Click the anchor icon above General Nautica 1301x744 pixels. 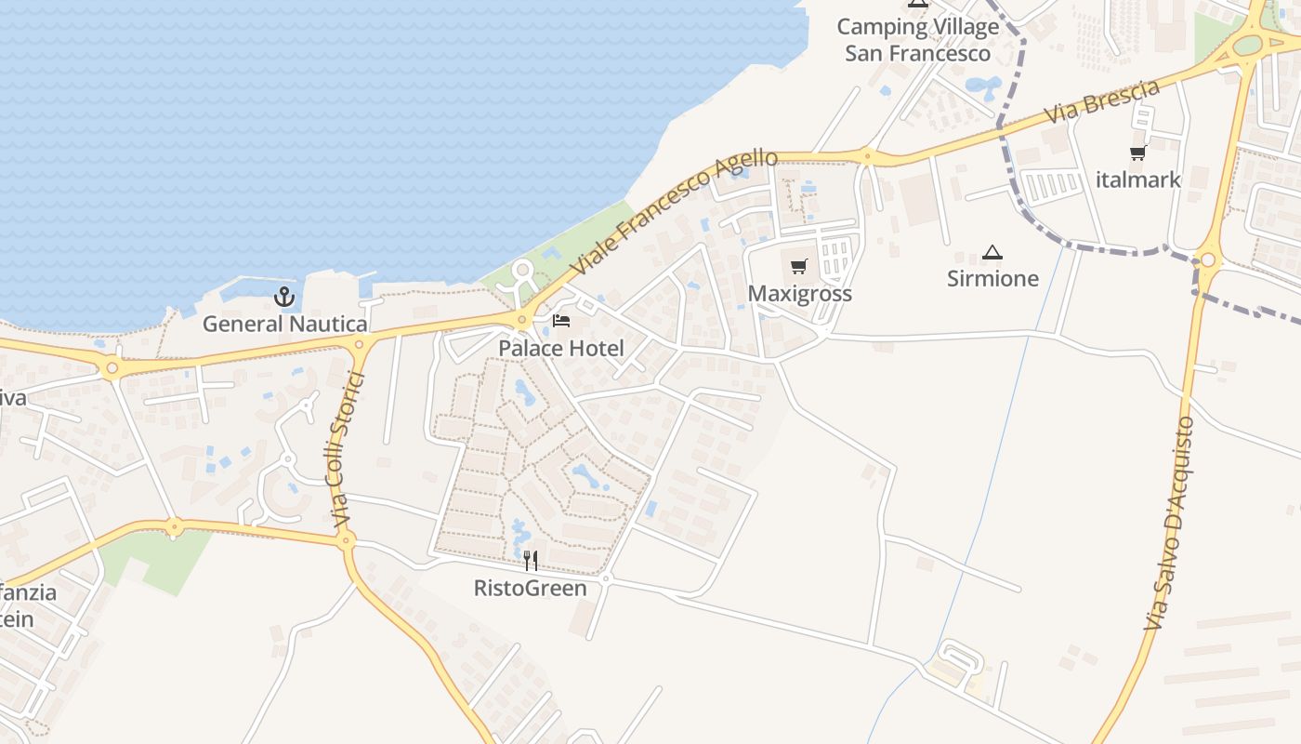(x=284, y=298)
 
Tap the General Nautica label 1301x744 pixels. (x=285, y=324)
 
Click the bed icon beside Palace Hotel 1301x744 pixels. (x=561, y=321)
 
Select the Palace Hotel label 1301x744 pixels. (x=561, y=349)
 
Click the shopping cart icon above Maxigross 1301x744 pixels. (x=798, y=268)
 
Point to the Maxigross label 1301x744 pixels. (x=799, y=294)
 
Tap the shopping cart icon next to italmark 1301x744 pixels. (x=1137, y=153)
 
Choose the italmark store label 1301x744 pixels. (x=1137, y=179)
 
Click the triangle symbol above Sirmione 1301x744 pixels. (x=992, y=252)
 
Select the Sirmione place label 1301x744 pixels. (x=992, y=278)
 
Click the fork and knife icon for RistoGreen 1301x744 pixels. (x=531, y=560)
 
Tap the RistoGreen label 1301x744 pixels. (x=530, y=588)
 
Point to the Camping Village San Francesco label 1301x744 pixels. (x=918, y=40)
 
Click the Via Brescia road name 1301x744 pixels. (x=1102, y=101)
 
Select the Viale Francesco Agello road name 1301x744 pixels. (x=674, y=211)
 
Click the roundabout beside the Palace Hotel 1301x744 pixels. (x=522, y=321)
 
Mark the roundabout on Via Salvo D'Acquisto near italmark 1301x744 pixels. (x=1207, y=261)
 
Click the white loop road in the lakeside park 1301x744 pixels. (x=521, y=272)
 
